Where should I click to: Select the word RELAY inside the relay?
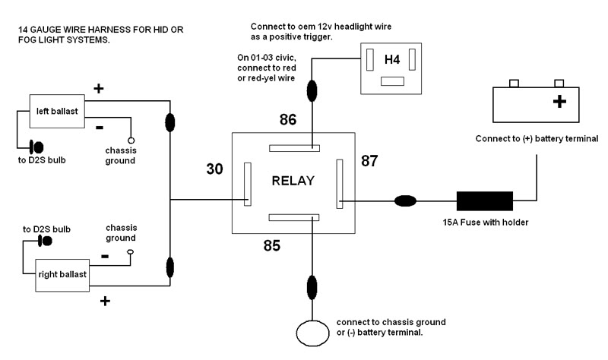point(293,181)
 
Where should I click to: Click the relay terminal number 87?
point(369,161)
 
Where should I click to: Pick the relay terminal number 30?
point(215,169)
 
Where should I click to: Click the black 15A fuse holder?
point(484,201)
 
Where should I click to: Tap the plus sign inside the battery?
point(560,102)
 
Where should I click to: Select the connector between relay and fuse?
point(405,201)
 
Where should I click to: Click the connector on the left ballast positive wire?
point(170,122)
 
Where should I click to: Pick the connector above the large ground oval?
point(312,288)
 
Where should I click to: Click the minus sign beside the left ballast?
point(100,126)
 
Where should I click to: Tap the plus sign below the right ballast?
point(105,302)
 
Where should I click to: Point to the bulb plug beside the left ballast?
point(36,146)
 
